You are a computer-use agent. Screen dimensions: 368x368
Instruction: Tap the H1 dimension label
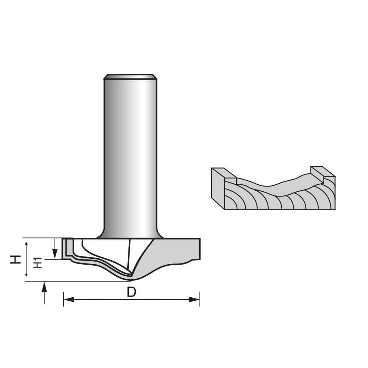37,263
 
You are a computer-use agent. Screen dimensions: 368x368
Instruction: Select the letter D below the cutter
131,292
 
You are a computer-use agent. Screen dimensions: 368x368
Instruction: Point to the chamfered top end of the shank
130,77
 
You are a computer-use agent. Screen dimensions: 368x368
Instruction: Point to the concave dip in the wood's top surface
269,184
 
